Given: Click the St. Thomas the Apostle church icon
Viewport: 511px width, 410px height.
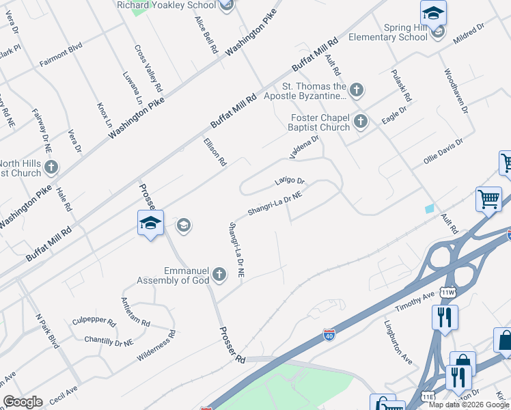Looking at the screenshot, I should click(356, 90).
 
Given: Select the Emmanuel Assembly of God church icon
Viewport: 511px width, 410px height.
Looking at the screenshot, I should click(219, 275).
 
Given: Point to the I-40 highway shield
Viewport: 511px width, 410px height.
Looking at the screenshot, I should click(329, 335).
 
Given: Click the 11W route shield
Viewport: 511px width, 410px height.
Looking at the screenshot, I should click(447, 292).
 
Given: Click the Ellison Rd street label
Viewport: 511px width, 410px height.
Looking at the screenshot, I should click(215, 152).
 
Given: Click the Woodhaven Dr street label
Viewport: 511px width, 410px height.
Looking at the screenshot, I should click(455, 90).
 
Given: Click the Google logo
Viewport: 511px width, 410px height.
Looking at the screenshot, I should click(23, 402).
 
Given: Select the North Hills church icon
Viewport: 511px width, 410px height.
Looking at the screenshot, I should click(51, 167).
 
